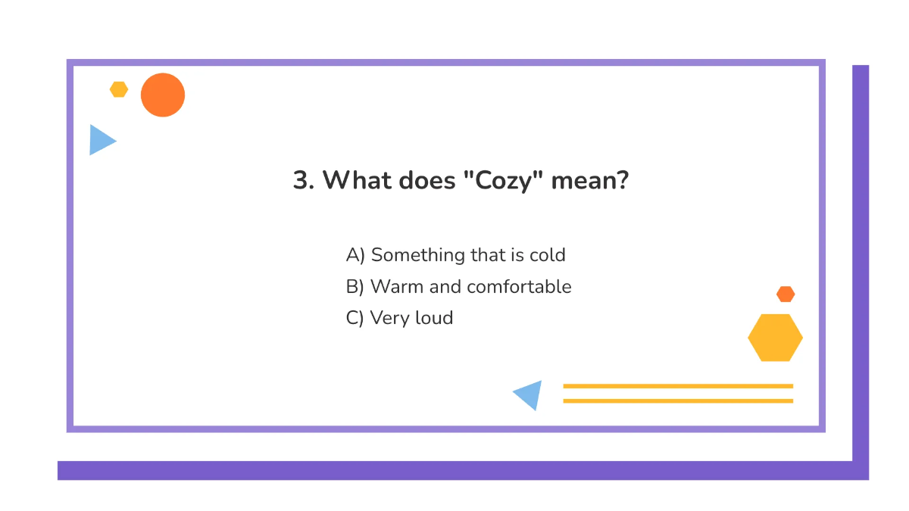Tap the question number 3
(x=302, y=182)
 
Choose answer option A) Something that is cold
(x=455, y=255)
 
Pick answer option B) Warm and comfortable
(x=458, y=287)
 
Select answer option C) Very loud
(x=399, y=318)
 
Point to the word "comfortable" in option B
(x=519, y=287)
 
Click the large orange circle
(x=163, y=95)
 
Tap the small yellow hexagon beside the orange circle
(x=119, y=89)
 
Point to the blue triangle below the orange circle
(x=100, y=140)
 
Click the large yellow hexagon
(x=775, y=338)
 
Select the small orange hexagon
(x=786, y=294)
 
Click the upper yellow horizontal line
(x=678, y=386)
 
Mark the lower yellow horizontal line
(x=678, y=400)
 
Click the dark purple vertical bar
(x=861, y=257)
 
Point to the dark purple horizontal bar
(x=454, y=470)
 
